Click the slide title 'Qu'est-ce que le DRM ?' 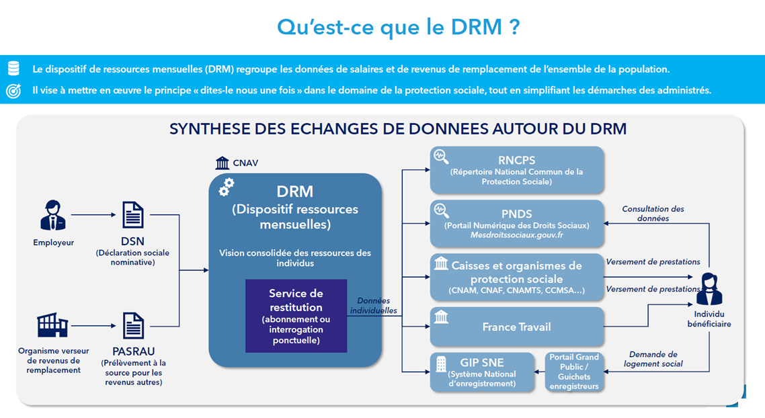tap(399, 28)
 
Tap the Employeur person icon tap(53, 216)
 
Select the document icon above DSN tap(133, 216)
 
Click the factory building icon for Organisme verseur tap(52, 326)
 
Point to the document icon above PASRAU tap(133, 326)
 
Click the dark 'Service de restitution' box tap(296, 316)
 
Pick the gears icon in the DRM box tap(227, 187)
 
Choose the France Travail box tap(516, 327)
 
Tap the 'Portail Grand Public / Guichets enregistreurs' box tap(573, 372)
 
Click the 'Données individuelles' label tap(373, 306)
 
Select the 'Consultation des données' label tap(653, 214)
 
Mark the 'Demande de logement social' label tap(653, 359)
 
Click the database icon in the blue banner tap(13, 69)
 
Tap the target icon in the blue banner tap(13, 90)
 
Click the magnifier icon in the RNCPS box tap(442, 157)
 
